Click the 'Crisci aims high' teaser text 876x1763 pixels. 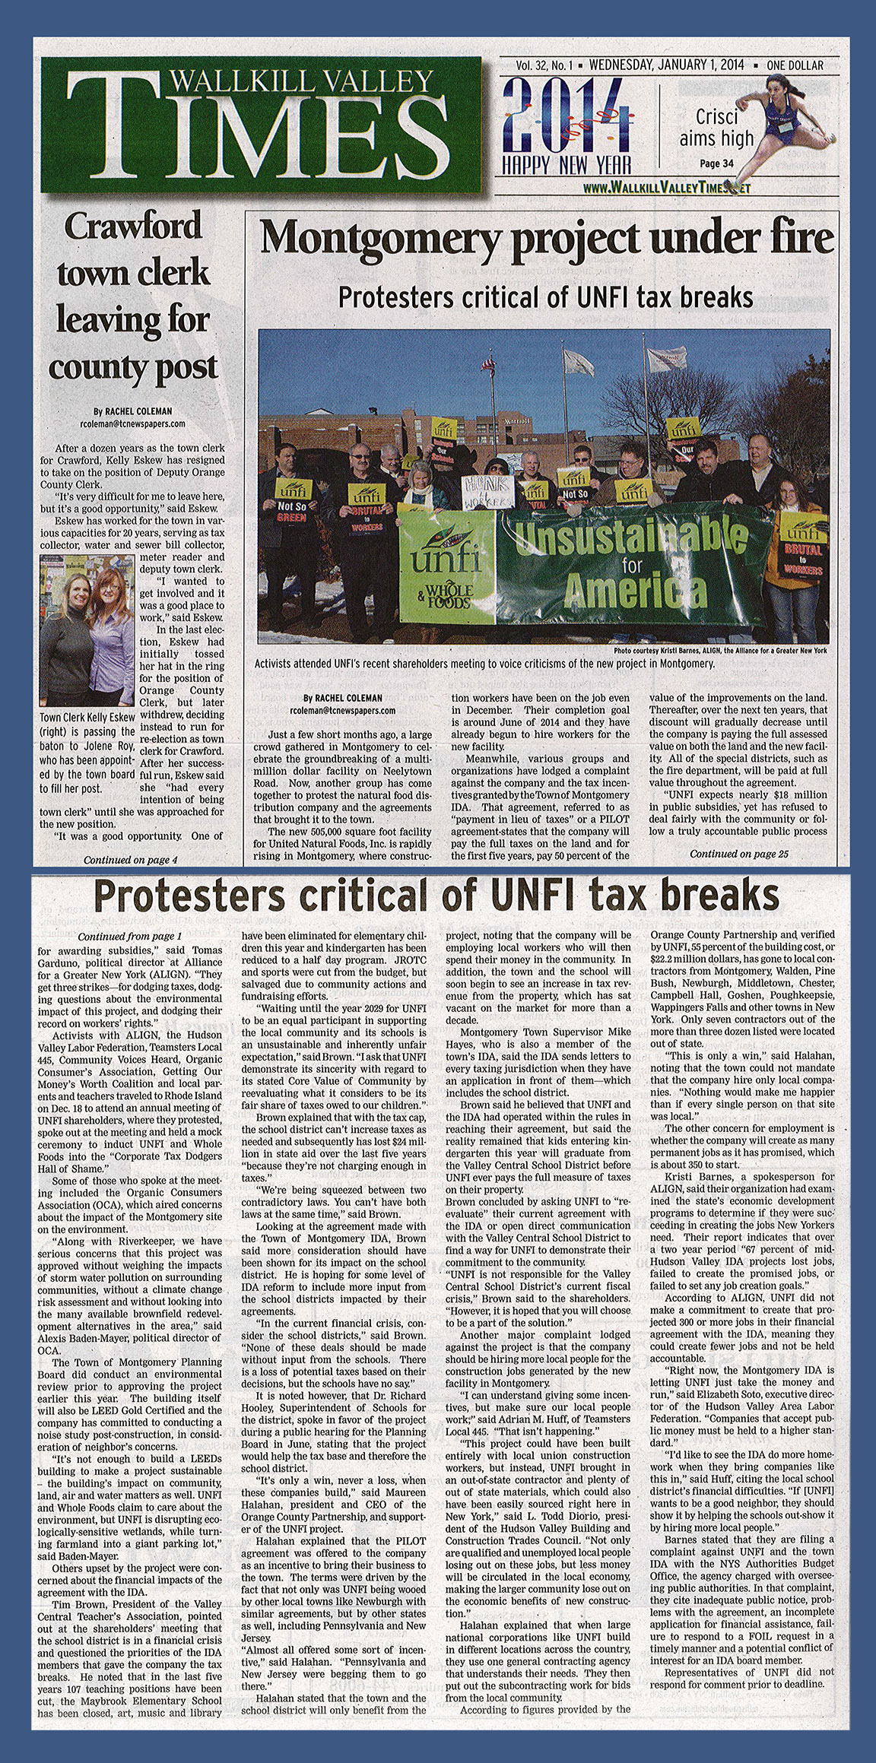point(726,128)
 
